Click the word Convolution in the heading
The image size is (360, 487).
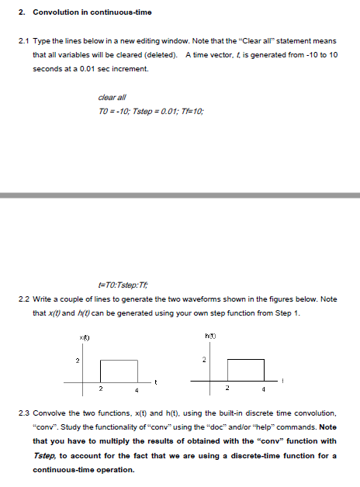[54, 12]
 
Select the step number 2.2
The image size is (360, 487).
[22, 299]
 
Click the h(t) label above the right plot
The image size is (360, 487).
[209, 335]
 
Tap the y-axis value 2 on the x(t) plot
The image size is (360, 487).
[77, 360]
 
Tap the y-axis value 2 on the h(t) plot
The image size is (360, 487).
[203, 360]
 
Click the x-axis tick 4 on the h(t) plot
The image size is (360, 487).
[264, 388]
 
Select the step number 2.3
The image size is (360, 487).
[22, 412]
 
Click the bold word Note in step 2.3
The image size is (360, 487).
[327, 426]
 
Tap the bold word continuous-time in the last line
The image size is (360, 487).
[64, 469]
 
